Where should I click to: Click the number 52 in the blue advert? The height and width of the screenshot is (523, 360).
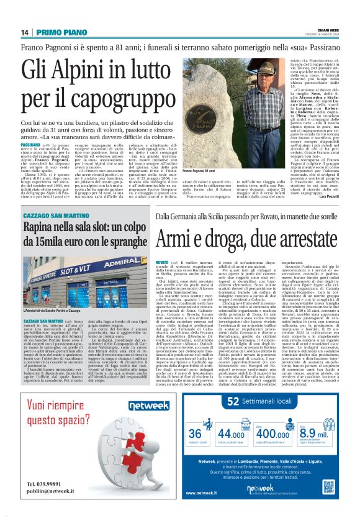pos(212,402)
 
